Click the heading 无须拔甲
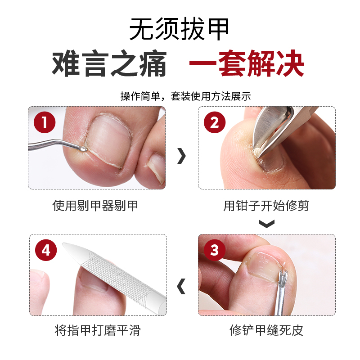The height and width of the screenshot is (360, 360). pyautogui.click(x=180, y=30)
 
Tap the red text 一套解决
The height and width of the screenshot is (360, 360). pyautogui.click(x=246, y=64)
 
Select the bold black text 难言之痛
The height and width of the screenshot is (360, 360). pyautogui.click(x=109, y=64)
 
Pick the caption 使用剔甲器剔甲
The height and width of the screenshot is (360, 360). pyautogui.click(x=95, y=206)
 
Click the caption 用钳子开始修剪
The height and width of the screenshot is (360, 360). pyautogui.click(x=266, y=206)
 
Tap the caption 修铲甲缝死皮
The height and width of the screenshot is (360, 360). pyautogui.click(x=266, y=331)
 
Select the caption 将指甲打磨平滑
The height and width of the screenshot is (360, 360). pyautogui.click(x=98, y=331)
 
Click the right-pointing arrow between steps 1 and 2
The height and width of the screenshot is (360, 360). pyautogui.click(x=181, y=156)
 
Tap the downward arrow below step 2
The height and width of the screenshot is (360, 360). pyautogui.click(x=266, y=223)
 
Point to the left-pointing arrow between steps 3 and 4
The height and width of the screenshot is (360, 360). pyautogui.click(x=181, y=286)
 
